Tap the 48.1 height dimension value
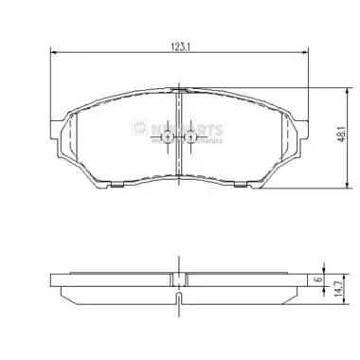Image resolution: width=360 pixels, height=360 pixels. [337, 135]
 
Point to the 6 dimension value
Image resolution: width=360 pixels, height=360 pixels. [322, 281]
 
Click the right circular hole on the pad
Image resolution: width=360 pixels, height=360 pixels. [190, 140]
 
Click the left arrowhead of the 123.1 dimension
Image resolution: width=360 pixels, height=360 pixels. [52, 52]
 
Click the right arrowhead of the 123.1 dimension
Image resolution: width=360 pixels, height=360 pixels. [306, 52]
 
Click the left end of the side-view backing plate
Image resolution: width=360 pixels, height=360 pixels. [52, 281]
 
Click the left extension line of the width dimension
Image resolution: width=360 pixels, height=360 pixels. [48, 85]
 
